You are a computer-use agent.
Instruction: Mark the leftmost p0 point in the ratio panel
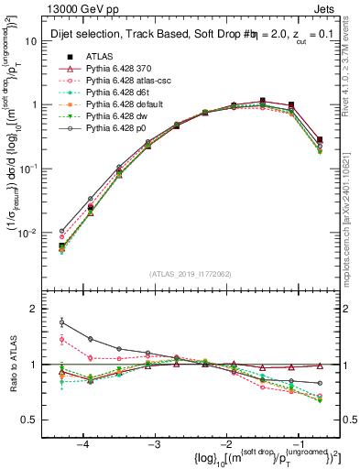click(x=61, y=322)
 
